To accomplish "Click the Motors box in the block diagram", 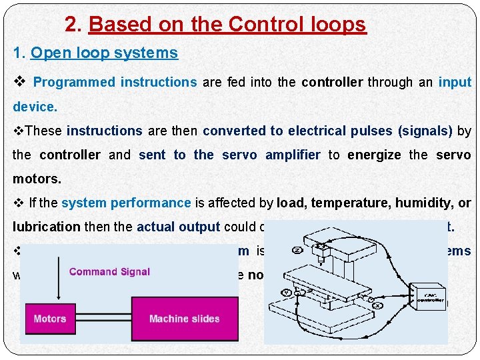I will tap(50, 319).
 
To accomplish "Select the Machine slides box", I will tap(185, 319).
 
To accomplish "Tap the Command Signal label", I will tap(109, 271).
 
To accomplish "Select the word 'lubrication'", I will tap(46, 227).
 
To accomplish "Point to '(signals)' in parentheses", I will tap(425, 131).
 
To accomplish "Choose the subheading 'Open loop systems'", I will tap(104, 53).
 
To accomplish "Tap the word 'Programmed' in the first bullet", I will tap(73, 83).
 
